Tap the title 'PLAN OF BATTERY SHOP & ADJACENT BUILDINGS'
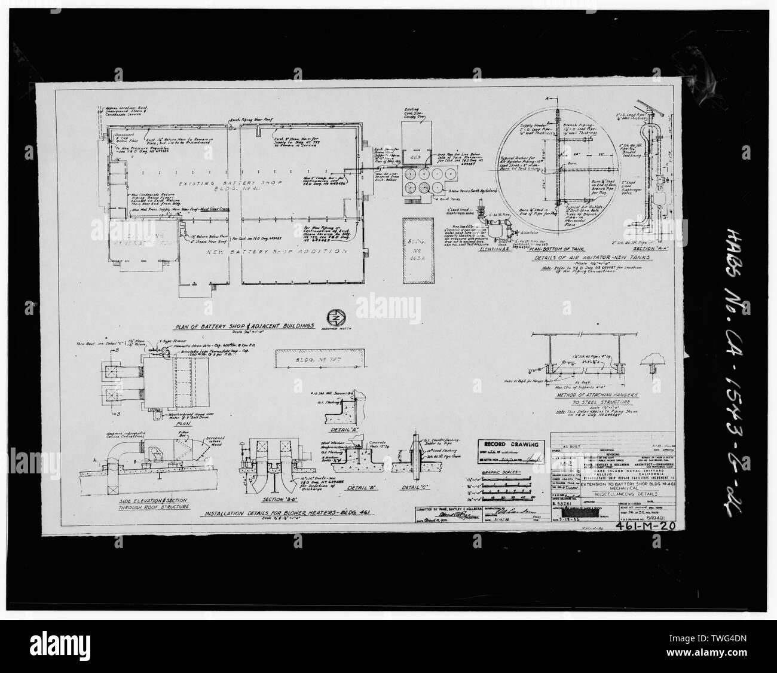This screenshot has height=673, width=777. (244, 326)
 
